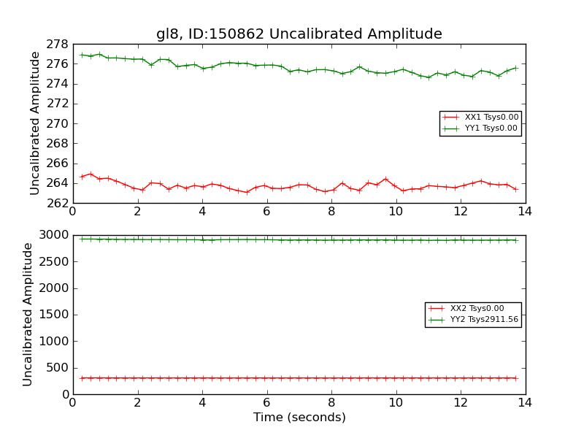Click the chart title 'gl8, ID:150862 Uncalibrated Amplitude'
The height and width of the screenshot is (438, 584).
[299, 34]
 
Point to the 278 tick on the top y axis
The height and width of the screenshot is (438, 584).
[59, 45]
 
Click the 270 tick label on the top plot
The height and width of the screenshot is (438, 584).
[59, 124]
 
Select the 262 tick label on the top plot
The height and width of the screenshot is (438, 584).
[59, 203]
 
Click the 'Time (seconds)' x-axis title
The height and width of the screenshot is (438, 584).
[299, 418]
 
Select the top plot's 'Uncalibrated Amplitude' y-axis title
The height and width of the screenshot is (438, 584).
[35, 123]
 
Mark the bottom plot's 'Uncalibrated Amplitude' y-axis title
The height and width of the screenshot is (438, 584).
[28, 314]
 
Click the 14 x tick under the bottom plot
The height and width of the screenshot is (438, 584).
[525, 401]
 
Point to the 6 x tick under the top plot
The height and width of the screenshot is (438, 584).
[266, 211]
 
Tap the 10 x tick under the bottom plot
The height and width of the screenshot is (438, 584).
[396, 401]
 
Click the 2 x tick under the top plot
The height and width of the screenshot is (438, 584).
[137, 211]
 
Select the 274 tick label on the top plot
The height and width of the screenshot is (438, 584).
[59, 84]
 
